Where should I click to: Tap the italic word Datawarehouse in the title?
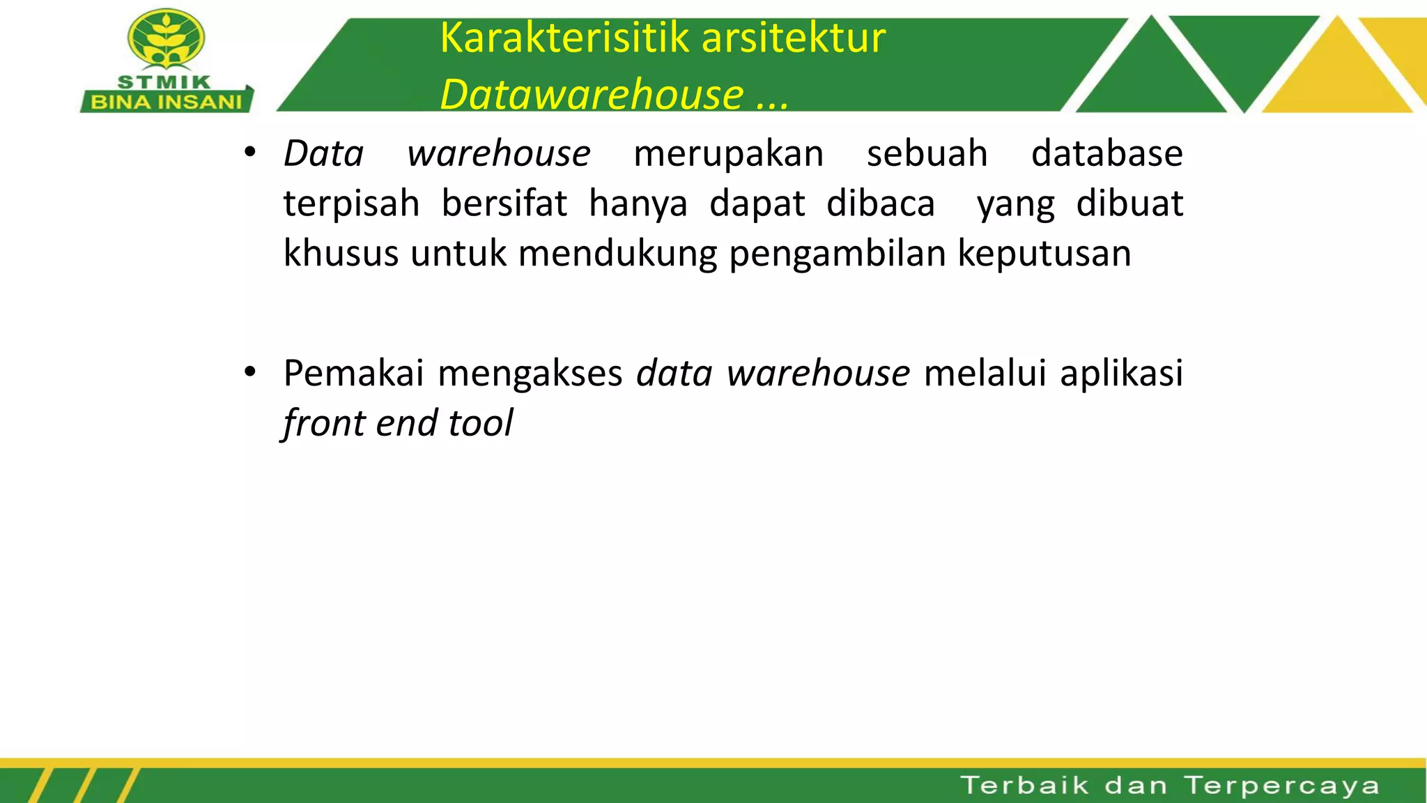tap(592, 94)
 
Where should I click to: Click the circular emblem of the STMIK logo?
tap(166, 40)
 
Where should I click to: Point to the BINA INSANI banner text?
tap(167, 102)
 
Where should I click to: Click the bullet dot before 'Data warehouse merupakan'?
tap(250, 152)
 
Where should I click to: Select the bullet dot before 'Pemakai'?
tap(250, 372)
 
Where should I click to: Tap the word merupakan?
tap(728, 153)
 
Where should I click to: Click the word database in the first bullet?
tap(1106, 153)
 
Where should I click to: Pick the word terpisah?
tap(351, 204)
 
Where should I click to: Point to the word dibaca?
tap(881, 204)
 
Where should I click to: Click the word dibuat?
tap(1129, 204)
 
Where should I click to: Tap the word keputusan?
tap(1044, 253)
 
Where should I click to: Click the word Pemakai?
tap(353, 373)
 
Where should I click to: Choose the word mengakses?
tap(530, 373)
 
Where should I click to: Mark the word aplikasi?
tap(1121, 373)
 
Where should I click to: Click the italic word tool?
tap(481, 422)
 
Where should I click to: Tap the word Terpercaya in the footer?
tap(1281, 786)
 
